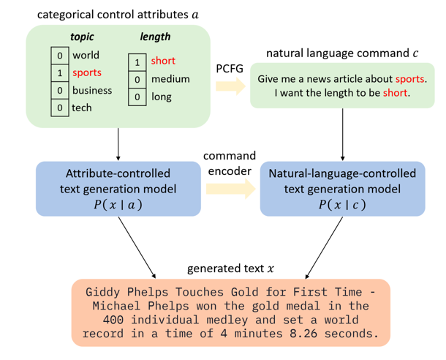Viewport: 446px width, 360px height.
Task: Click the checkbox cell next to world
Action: (x=58, y=56)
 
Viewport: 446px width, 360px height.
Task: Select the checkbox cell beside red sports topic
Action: (x=58, y=73)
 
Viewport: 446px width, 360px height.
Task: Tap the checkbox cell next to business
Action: (x=58, y=91)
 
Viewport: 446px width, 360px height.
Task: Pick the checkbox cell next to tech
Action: (x=58, y=108)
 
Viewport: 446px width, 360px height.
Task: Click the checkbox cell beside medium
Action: (x=137, y=79)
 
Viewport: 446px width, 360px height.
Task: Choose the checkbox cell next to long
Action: (x=137, y=97)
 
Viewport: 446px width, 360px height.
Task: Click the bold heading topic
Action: (x=82, y=37)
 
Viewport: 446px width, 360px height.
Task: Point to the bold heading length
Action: (x=155, y=37)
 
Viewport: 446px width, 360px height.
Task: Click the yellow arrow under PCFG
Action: (x=230, y=87)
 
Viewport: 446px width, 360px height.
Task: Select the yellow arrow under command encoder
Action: (x=230, y=190)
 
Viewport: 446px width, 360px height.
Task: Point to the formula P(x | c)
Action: (x=342, y=204)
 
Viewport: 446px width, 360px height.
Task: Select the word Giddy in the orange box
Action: (x=103, y=293)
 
